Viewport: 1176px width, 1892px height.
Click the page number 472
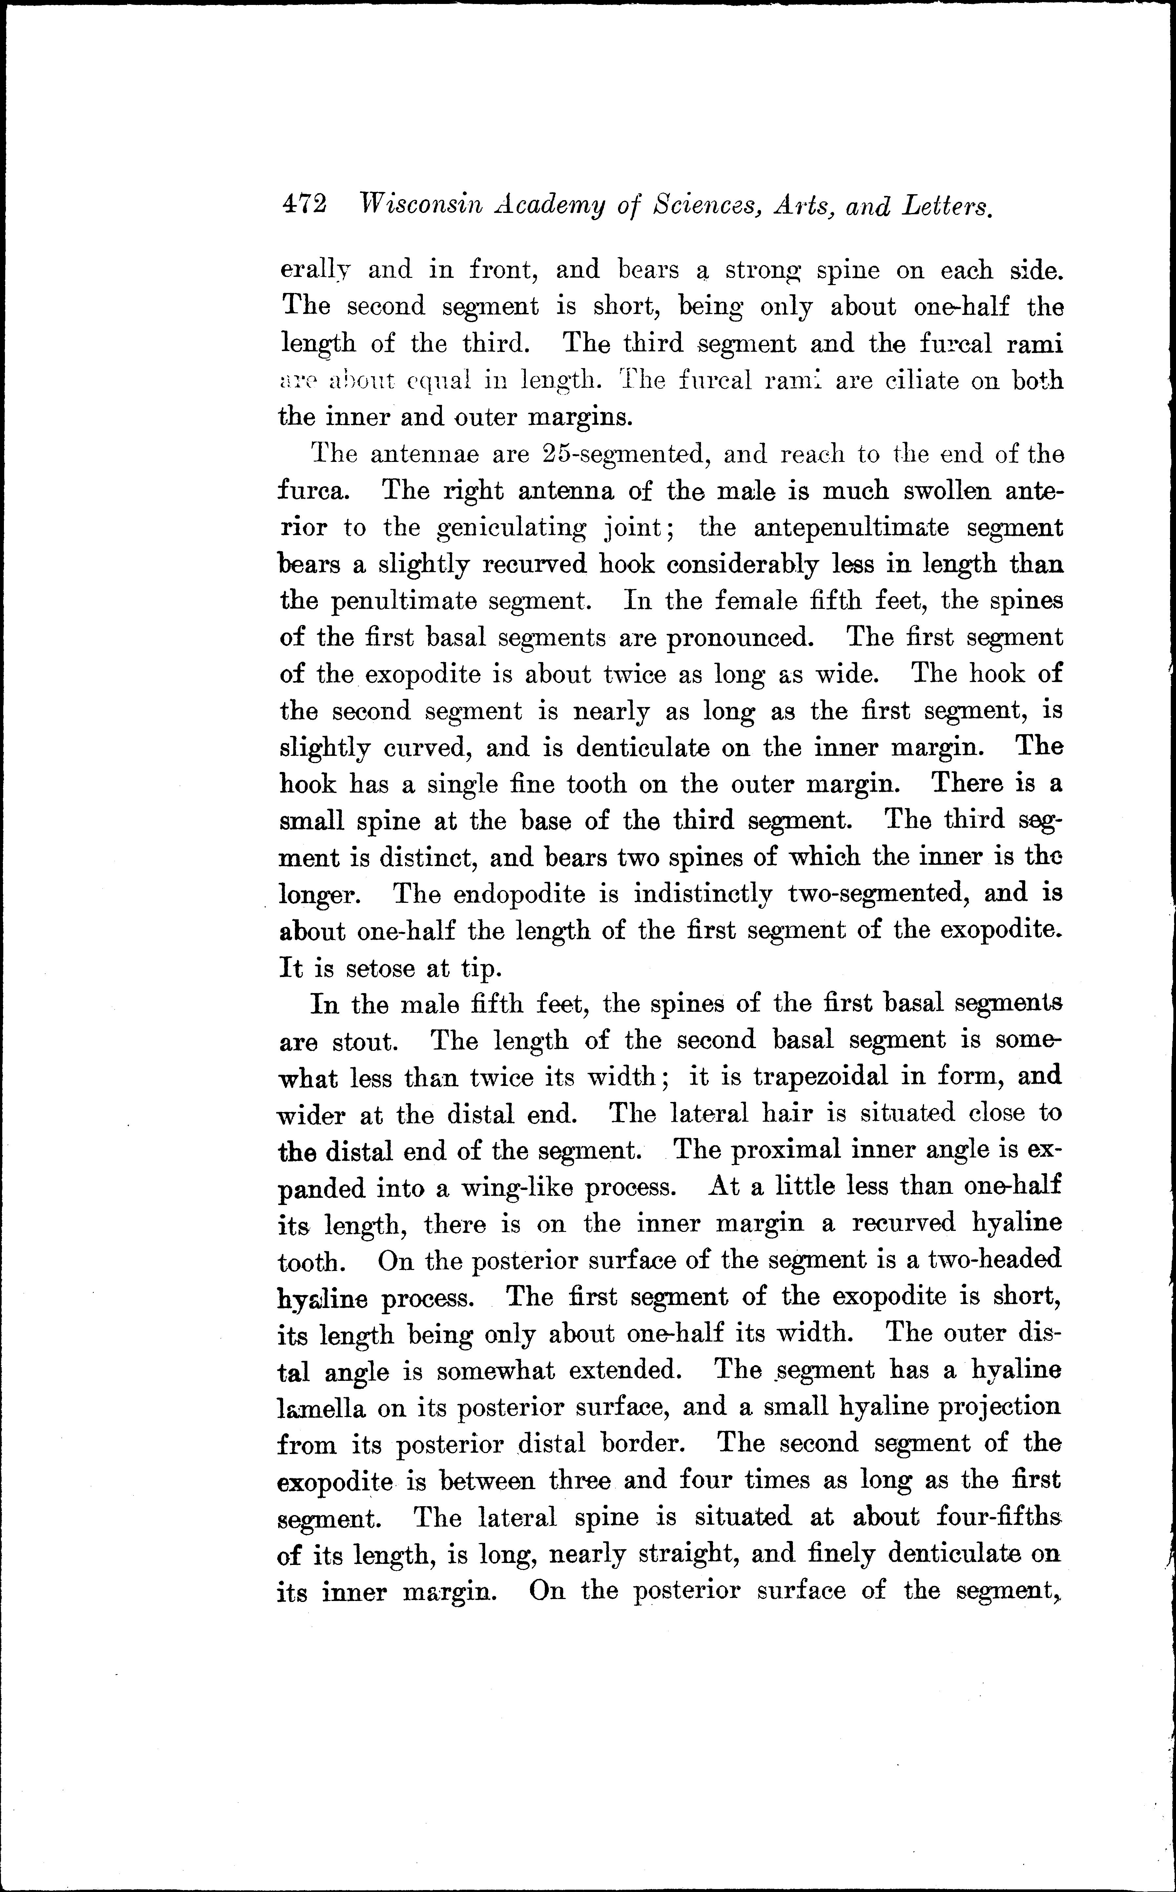[304, 204]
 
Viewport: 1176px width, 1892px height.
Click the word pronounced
[741, 638]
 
